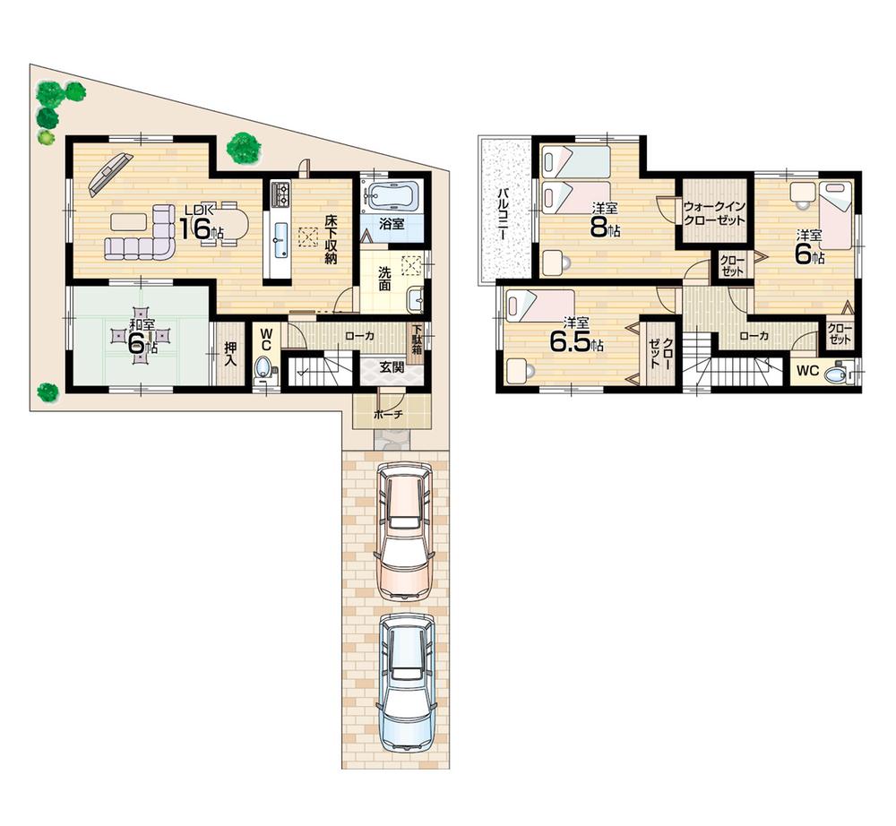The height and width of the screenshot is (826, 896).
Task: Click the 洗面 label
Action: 383,278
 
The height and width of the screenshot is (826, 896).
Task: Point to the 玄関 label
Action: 391,367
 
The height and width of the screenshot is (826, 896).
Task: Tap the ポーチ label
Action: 392,415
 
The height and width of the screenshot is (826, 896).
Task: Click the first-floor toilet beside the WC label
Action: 264,369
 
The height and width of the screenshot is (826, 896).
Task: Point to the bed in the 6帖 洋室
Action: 836,213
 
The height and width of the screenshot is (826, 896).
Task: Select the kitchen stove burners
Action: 280,193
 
